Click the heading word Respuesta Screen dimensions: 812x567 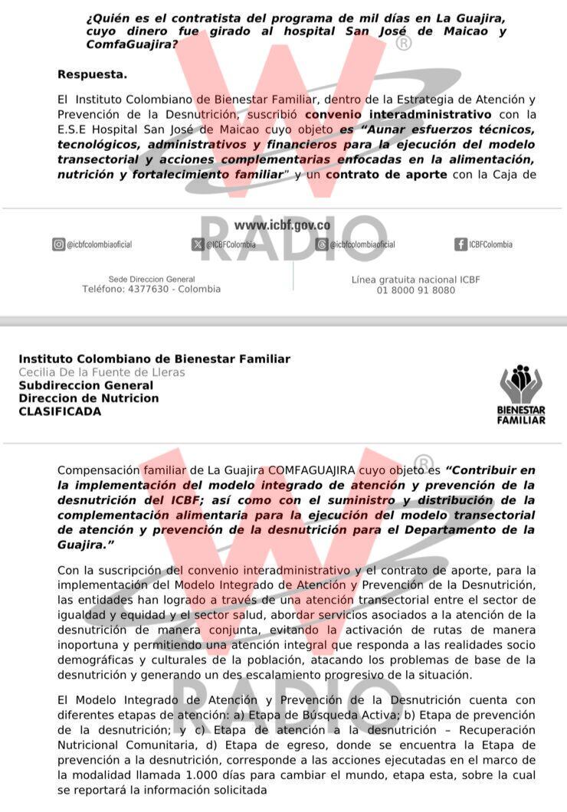(92, 74)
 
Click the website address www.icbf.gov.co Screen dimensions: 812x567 (283, 225)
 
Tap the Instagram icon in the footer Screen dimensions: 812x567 (58, 244)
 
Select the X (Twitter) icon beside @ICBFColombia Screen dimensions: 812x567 (198, 244)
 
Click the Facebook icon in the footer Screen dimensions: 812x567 (460, 244)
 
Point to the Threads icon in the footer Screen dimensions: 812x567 (323, 244)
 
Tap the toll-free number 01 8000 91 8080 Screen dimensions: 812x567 (416, 290)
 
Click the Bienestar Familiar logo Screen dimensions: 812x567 (521, 395)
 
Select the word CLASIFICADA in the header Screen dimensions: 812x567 (60, 411)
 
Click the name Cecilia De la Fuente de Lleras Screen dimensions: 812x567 (102, 372)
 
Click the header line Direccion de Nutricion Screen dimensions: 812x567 (89, 398)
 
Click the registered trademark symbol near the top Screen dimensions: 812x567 (403, 43)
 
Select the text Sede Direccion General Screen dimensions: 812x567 (152, 279)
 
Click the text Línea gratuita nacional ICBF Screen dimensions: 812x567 (415, 280)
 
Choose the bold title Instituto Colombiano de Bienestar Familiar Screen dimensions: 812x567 (154, 359)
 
